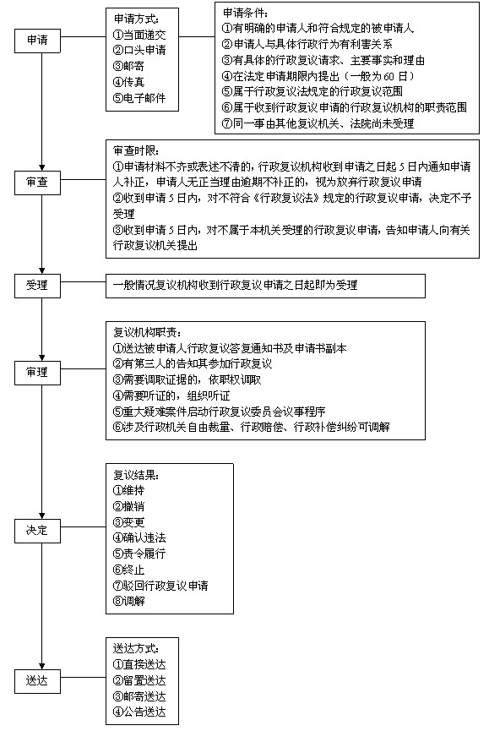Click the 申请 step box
click(37, 41)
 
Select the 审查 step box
click(37, 183)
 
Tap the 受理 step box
click(37, 285)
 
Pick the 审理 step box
click(37, 373)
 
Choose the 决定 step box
click(37, 531)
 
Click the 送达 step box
click(37, 681)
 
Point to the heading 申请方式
click(137, 19)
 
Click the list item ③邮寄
click(128, 66)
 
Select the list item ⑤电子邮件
click(139, 98)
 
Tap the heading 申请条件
click(246, 13)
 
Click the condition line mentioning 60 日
click(318, 76)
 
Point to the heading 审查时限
click(137, 150)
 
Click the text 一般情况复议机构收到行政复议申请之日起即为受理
click(235, 286)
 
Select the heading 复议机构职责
click(147, 332)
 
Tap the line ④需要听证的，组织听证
click(171, 396)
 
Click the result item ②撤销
click(128, 506)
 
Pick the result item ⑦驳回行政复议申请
click(160, 586)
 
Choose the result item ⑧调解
click(128, 602)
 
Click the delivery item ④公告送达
click(139, 712)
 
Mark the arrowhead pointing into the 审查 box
click(42, 168)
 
